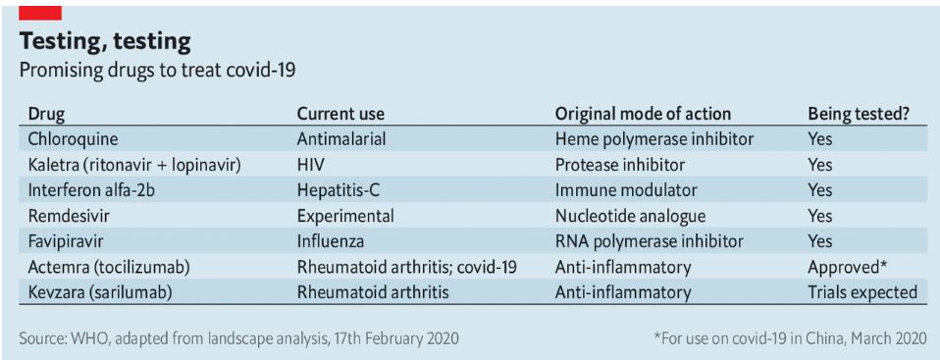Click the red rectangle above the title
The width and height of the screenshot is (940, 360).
coord(40,13)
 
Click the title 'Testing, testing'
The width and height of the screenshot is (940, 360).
coord(105,42)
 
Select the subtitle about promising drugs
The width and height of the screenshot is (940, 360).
coord(158,71)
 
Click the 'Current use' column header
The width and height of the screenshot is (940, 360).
coord(340,114)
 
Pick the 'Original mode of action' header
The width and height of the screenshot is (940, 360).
coord(643,114)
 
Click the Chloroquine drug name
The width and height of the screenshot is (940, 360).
coord(73,139)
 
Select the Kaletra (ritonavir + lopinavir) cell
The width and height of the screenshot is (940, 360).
coord(133,164)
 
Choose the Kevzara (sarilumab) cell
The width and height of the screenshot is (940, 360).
coord(99,292)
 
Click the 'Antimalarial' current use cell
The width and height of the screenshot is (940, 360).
coord(341,139)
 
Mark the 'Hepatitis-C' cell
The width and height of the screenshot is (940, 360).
coord(339,190)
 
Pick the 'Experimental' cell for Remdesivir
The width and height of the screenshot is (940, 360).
coord(345,216)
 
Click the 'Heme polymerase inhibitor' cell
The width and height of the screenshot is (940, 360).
coord(654,139)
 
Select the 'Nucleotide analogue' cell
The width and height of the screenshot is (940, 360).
coord(630,216)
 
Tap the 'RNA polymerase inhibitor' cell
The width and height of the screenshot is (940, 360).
coord(650,241)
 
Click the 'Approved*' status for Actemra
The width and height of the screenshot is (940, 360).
coord(847,267)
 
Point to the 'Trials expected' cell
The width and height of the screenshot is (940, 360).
coord(862,292)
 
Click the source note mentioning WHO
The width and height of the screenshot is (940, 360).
coord(239,338)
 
